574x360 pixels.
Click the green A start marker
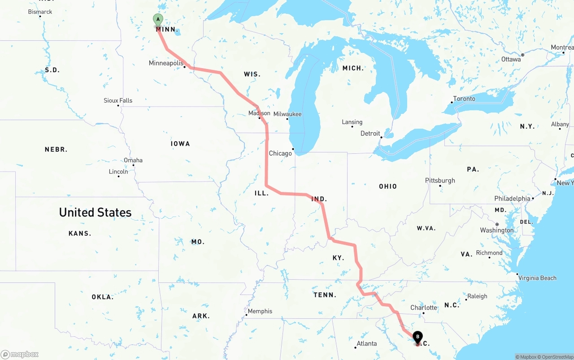[158, 20]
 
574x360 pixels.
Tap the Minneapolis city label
[166, 63]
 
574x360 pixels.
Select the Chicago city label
[280, 153]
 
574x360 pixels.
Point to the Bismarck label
[40, 12]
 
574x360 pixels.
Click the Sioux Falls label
[118, 100]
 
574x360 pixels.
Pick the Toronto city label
[464, 99]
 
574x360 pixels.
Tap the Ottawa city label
[511, 59]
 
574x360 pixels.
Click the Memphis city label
[260, 311]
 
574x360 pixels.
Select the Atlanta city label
[366, 344]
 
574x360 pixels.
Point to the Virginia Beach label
[537, 278]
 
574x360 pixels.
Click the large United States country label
[95, 213]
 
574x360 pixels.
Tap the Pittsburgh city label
[440, 180]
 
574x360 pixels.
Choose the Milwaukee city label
[287, 114]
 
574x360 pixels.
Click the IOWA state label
[180, 143]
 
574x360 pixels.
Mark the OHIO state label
[388, 186]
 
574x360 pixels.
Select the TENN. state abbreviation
[325, 295]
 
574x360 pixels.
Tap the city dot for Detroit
[381, 137]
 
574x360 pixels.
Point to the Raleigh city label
[477, 296]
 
